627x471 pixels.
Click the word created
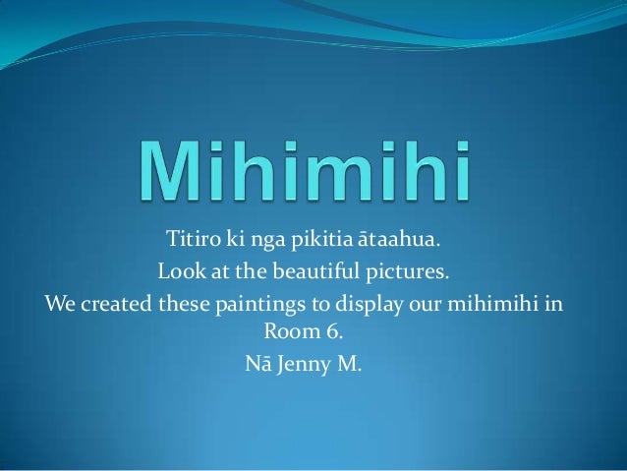[x=115, y=301]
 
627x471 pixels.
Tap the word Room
[x=293, y=331]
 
